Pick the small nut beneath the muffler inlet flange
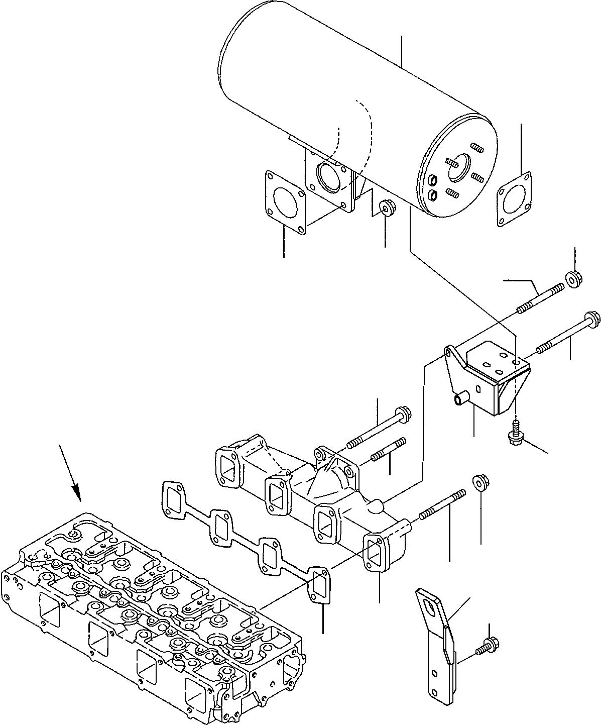pos(386,207)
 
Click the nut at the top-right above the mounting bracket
pos(573,280)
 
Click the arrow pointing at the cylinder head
pos(70,472)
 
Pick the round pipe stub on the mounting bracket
pos(460,399)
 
